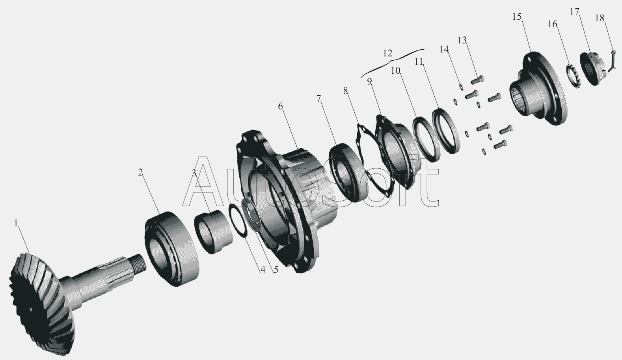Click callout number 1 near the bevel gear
tap(16, 223)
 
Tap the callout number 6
tap(280, 106)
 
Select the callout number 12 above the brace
tap(387, 53)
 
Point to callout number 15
tap(517, 17)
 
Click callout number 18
tap(600, 18)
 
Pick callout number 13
tap(462, 40)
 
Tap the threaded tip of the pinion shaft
tap(139, 263)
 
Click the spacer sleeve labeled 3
tap(213, 232)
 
